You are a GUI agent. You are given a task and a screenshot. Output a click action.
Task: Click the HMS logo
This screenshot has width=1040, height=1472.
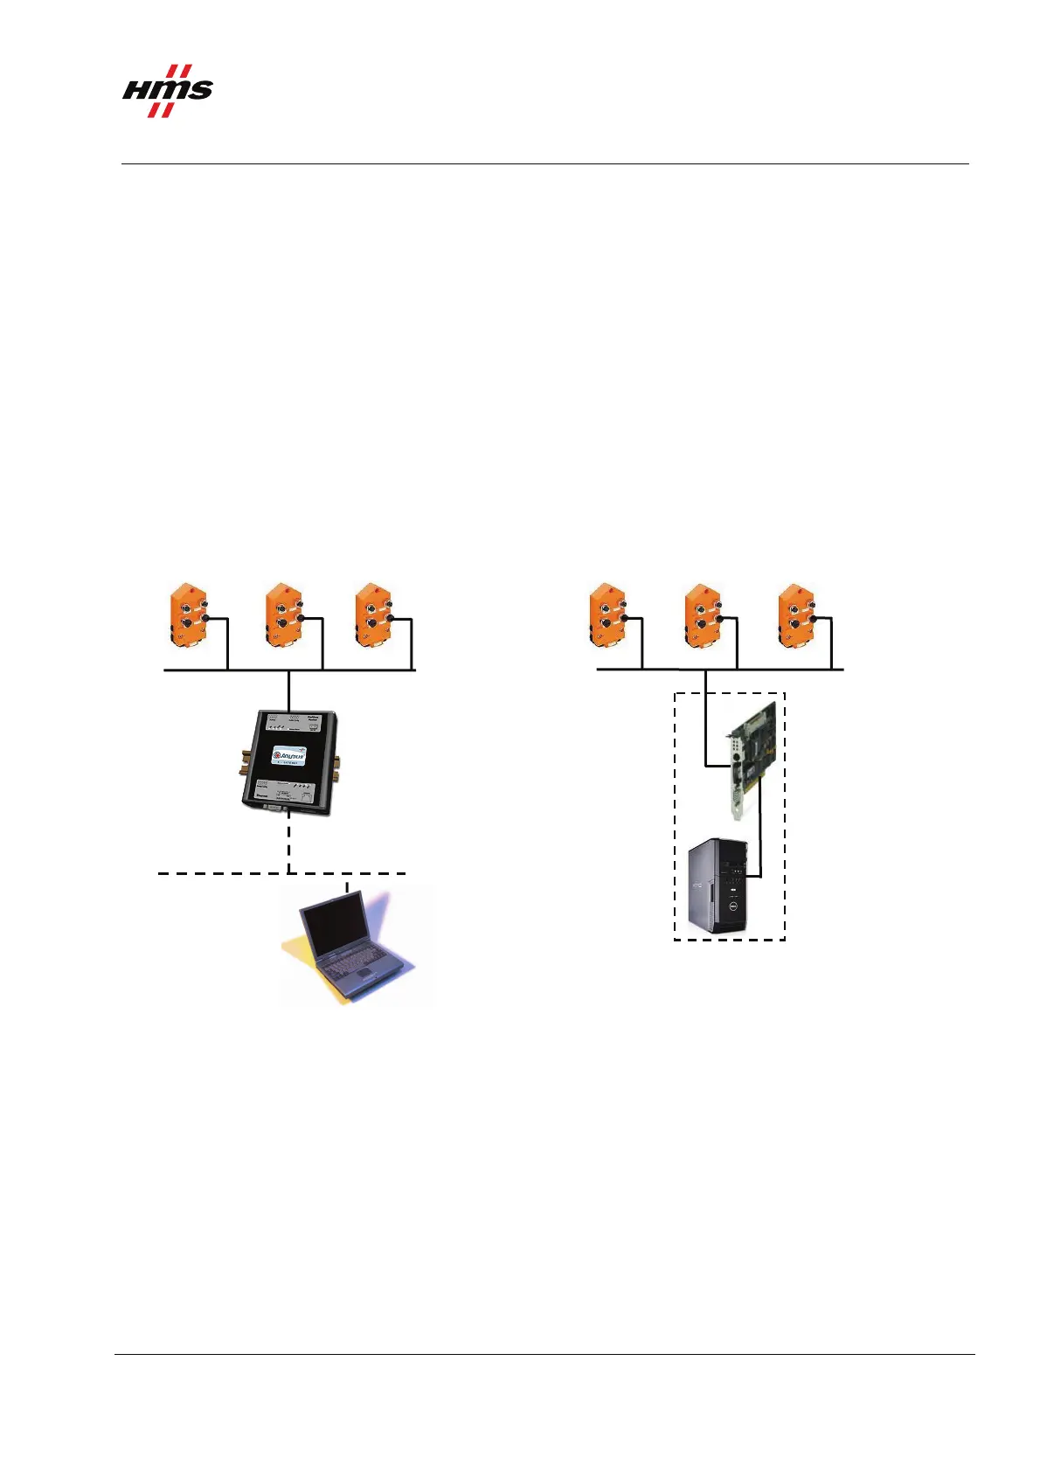pyautogui.click(x=167, y=91)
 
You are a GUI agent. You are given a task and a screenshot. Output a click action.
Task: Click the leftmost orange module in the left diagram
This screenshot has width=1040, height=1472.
pyautogui.click(x=188, y=616)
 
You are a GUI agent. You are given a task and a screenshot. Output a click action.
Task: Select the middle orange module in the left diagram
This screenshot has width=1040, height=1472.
pyautogui.click(x=284, y=616)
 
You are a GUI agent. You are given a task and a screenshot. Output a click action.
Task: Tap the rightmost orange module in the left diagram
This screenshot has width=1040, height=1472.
pyautogui.click(x=374, y=616)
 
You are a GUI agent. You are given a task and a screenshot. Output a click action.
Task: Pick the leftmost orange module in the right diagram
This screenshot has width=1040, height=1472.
pyautogui.click(x=607, y=616)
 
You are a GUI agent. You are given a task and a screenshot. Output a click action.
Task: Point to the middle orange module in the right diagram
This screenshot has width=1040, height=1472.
pyautogui.click(x=703, y=616)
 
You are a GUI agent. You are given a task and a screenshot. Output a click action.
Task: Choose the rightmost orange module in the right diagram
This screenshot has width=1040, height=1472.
pyautogui.click(x=796, y=616)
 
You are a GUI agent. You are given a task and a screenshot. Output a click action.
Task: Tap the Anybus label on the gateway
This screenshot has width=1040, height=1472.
pyautogui.click(x=288, y=755)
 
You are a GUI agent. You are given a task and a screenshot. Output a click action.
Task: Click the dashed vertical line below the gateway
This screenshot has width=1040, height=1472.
pyautogui.click(x=288, y=844)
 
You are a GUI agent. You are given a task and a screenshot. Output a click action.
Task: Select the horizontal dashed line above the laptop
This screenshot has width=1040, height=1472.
pyautogui.click(x=218, y=873)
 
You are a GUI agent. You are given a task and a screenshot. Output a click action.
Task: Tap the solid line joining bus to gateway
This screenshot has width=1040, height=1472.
pyautogui.click(x=288, y=691)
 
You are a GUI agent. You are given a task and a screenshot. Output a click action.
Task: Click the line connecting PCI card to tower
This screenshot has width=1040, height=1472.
pyautogui.click(x=760, y=830)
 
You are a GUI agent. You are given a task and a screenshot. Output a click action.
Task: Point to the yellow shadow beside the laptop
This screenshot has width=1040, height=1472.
pyautogui.click(x=297, y=948)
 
